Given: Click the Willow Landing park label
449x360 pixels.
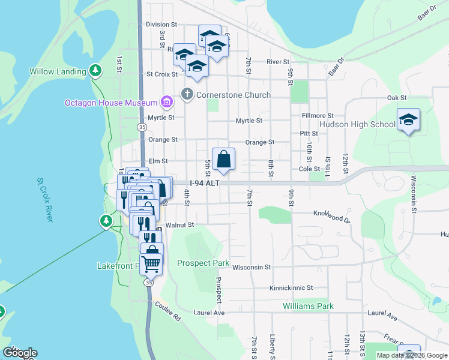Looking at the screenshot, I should click(58, 72).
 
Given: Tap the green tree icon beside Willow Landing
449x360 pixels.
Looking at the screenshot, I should click(95, 71).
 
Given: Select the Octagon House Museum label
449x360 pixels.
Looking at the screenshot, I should click(111, 103).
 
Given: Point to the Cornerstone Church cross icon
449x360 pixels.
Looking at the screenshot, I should click(187, 94).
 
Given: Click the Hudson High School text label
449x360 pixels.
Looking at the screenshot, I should click(357, 125).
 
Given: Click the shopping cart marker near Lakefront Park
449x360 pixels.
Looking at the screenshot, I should click(151, 262).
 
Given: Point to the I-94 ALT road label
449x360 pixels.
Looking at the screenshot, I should click(205, 184).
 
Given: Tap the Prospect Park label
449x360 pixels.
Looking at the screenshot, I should click(203, 263).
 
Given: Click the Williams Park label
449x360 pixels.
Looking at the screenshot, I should click(308, 306).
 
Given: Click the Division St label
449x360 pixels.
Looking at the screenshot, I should click(161, 25).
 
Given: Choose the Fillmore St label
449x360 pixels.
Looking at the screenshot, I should click(318, 115).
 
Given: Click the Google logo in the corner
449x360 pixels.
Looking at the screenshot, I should click(20, 353).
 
